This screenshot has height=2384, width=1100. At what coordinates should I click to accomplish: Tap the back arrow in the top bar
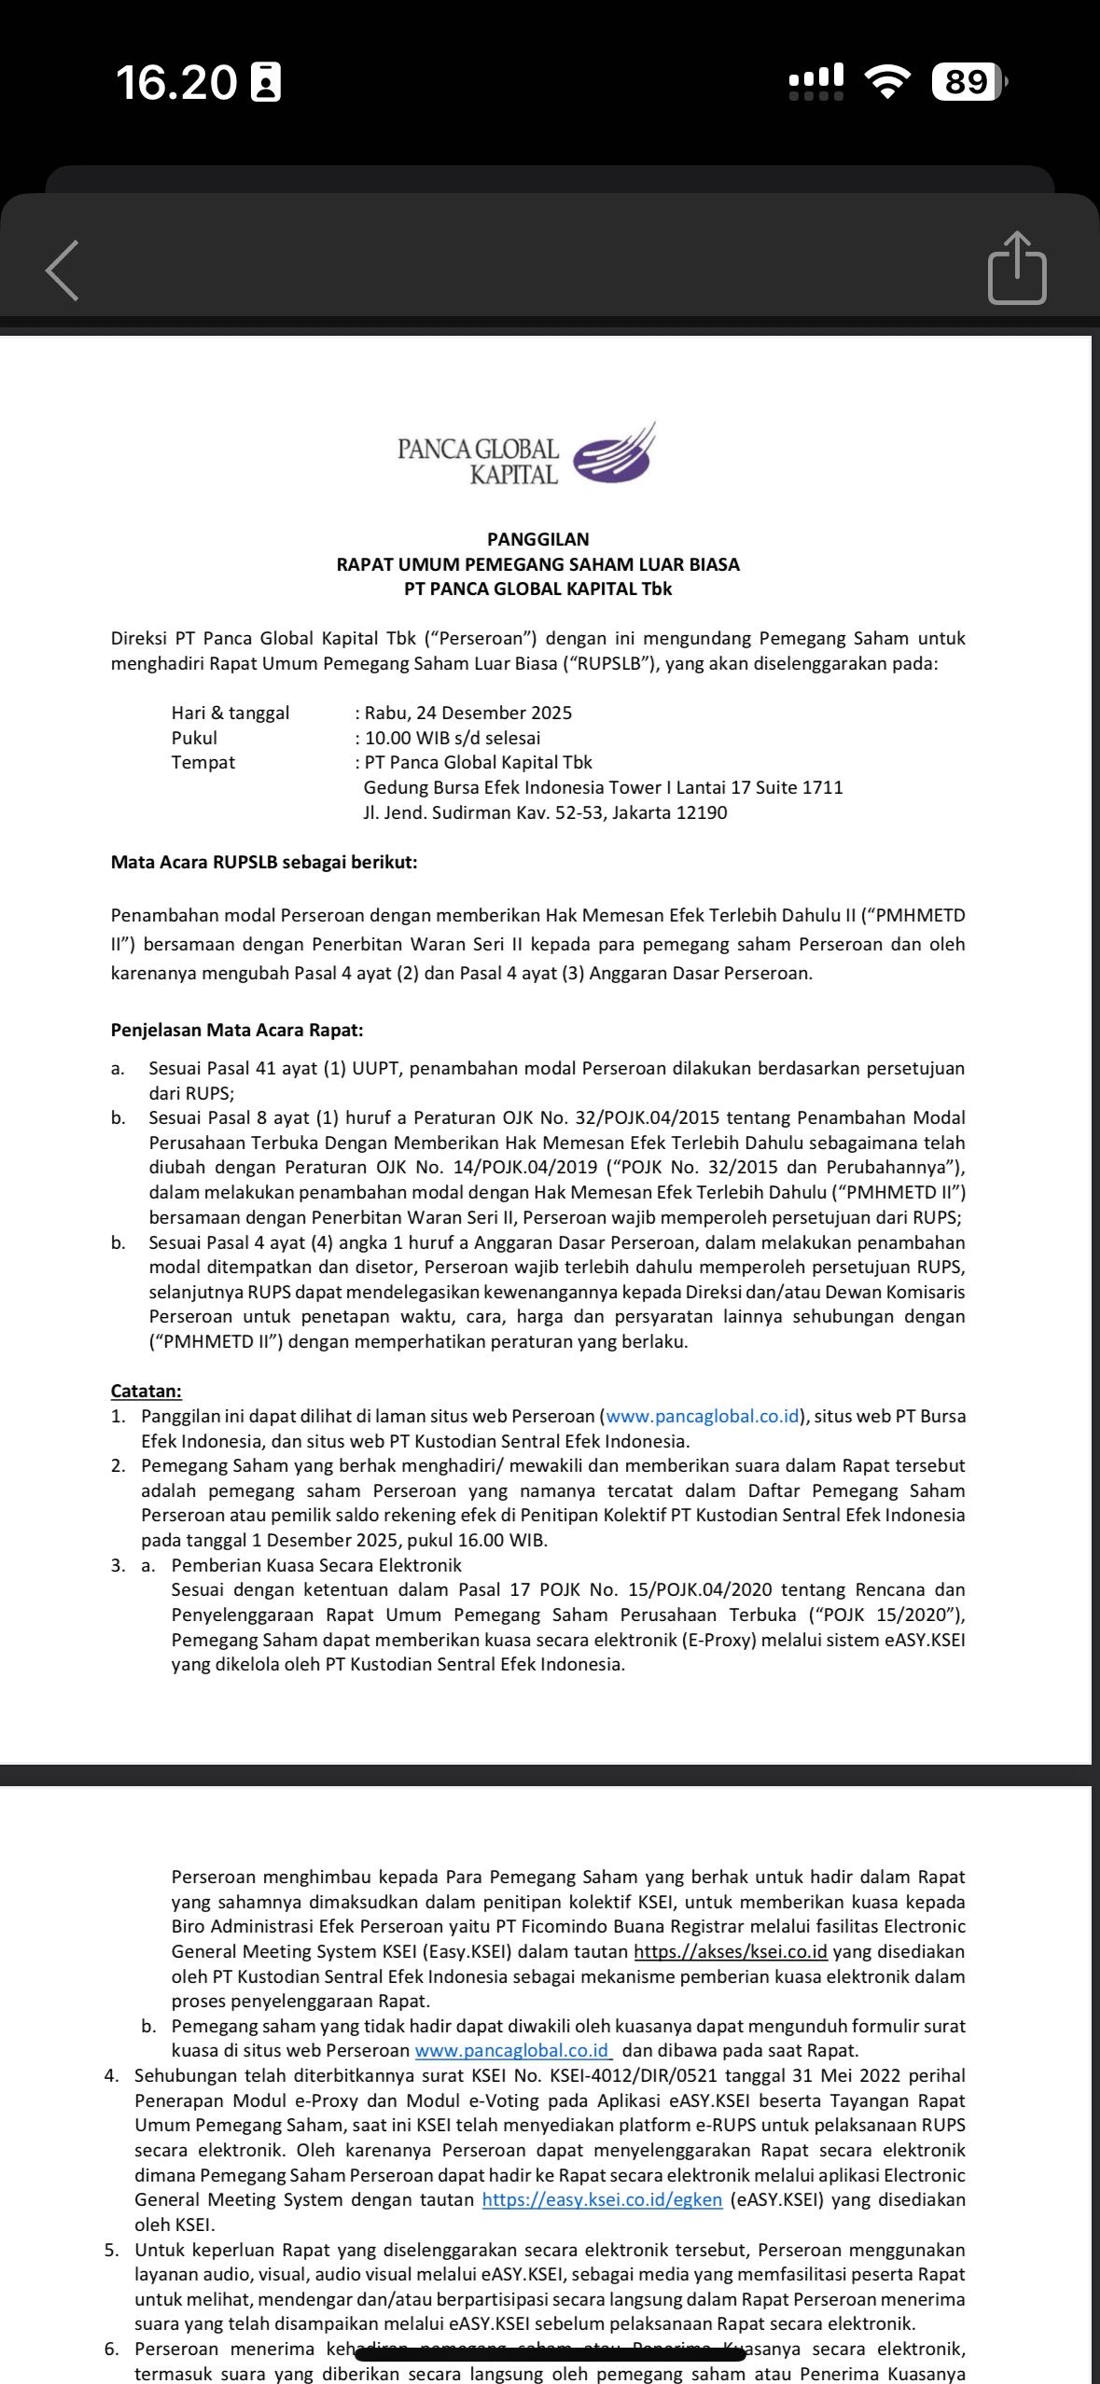click(x=63, y=270)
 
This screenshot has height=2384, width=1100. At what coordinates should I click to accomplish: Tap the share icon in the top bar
click(x=1017, y=269)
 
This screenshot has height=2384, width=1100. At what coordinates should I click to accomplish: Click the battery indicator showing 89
click(x=968, y=82)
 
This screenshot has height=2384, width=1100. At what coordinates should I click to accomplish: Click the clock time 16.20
click(x=177, y=82)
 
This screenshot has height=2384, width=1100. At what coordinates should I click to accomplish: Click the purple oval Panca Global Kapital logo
click(x=612, y=456)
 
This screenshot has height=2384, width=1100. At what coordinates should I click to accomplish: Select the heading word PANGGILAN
click(x=538, y=539)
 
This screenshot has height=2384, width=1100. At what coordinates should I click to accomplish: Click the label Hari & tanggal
click(x=230, y=713)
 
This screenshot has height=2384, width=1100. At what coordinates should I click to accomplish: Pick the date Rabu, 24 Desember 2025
click(x=467, y=713)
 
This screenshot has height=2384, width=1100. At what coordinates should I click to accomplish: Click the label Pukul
click(x=194, y=738)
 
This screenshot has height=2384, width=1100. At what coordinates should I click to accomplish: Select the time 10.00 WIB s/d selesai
click(x=452, y=738)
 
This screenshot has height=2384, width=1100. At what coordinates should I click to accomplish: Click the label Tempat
click(x=203, y=762)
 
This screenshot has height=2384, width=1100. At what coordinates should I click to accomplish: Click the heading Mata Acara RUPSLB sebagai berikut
click(x=264, y=862)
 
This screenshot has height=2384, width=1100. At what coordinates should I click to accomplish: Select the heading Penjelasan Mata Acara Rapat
click(x=237, y=1030)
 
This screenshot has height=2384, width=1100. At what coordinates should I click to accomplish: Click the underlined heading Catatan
click(x=146, y=1391)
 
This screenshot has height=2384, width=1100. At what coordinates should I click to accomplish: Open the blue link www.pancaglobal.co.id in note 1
click(x=703, y=1416)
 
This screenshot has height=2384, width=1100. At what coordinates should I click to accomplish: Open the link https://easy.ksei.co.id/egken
click(x=602, y=2199)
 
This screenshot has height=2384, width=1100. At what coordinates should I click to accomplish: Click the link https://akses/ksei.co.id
click(x=731, y=1951)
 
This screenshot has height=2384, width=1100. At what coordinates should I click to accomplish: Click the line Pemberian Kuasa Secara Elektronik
click(x=316, y=1565)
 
